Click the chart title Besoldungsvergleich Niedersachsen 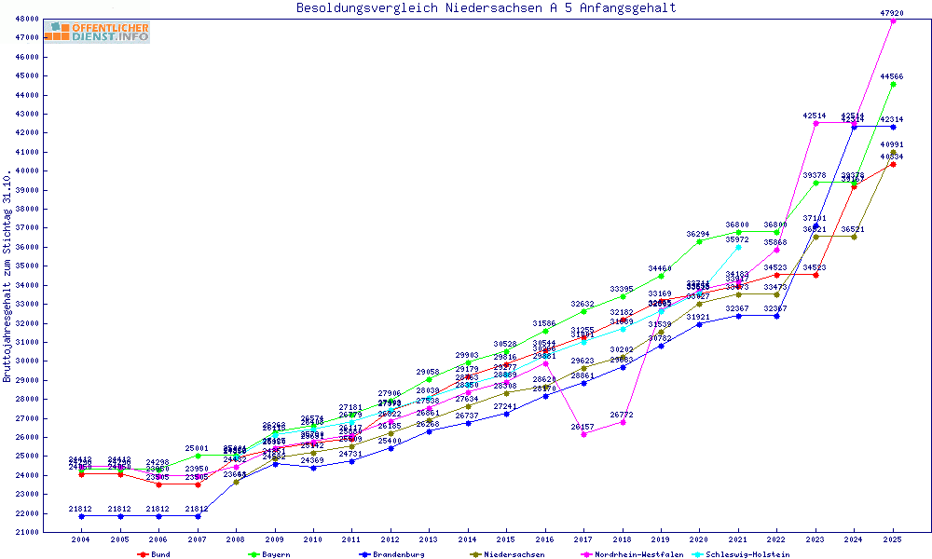(x=486, y=8)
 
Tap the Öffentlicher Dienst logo (x=97, y=33)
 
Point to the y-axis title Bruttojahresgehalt (x=7, y=276)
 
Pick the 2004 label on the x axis (x=82, y=539)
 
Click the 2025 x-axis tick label (x=893, y=539)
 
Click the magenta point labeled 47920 (x=893, y=20)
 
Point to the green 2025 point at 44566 (x=893, y=84)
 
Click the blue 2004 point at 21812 (x=82, y=516)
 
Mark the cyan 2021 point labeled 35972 (x=738, y=247)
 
